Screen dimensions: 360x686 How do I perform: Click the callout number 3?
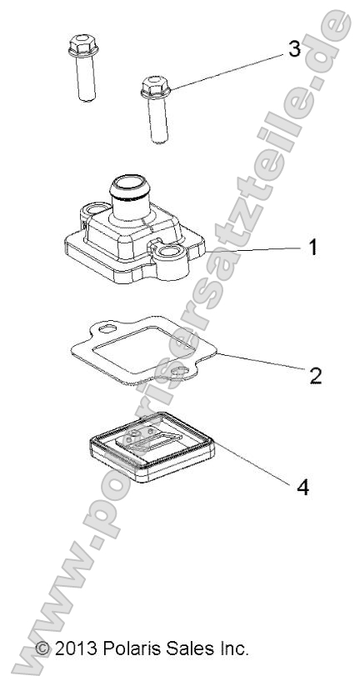(x=294, y=49)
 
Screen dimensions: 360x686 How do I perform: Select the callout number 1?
(x=312, y=248)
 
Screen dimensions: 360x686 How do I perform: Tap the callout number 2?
(x=315, y=375)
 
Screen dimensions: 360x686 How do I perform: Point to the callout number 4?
(x=302, y=487)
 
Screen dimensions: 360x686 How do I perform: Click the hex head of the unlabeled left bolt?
(x=83, y=46)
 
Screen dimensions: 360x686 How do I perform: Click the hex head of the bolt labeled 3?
(x=155, y=87)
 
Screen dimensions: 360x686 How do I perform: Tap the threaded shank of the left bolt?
(x=86, y=78)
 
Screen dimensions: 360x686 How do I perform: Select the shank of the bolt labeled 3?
(x=157, y=119)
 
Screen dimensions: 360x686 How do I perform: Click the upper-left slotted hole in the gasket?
(x=107, y=328)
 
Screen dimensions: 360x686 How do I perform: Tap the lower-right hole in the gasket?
(x=180, y=373)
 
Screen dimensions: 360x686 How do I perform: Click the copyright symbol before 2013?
(x=42, y=648)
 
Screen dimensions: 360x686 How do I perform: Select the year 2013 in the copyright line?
(x=77, y=648)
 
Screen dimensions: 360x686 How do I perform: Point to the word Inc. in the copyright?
(x=232, y=648)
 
